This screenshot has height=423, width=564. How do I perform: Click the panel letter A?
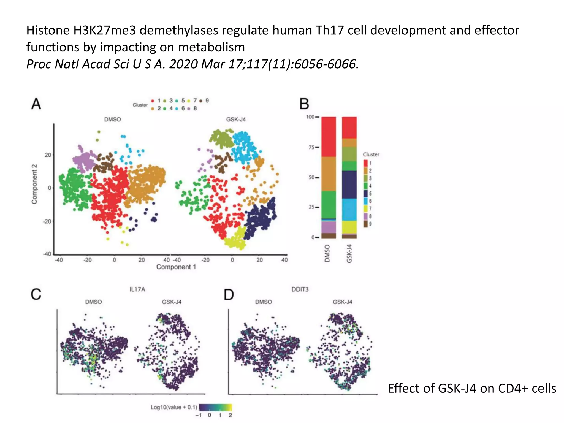point(36,104)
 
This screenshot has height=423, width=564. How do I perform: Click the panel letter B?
point(304,104)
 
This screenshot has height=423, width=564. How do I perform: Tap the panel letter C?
point(36,294)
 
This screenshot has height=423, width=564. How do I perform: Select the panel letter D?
point(229,295)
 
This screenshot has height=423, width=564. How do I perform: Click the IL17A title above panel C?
point(137,289)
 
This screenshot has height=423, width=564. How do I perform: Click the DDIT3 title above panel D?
point(300,289)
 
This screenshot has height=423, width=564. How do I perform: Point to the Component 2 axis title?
point(34,184)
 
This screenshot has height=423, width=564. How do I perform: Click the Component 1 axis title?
point(176,267)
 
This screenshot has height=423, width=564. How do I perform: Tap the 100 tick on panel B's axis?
point(310,117)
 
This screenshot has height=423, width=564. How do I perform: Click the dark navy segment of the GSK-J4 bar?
point(349,185)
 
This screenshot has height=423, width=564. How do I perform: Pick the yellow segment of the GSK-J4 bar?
point(349,227)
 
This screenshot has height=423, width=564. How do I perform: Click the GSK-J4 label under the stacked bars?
point(349,254)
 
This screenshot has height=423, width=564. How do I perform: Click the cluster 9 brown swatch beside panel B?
point(365,224)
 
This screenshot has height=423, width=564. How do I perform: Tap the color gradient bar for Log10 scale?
point(215,407)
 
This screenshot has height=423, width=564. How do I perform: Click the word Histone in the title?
point(48,30)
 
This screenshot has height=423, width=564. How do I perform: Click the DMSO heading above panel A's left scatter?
point(112,120)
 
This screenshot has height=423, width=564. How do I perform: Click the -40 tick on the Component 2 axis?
point(47,254)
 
